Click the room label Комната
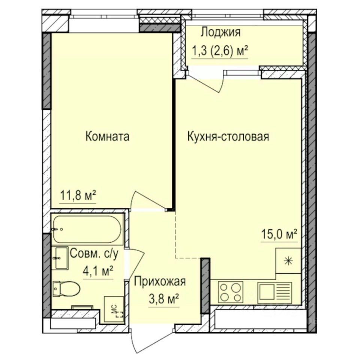click(107, 136)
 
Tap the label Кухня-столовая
click(228, 136)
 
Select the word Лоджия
click(220, 33)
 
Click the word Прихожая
click(160, 281)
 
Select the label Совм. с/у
click(94, 254)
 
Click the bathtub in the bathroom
click(87, 229)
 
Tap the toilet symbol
click(66, 289)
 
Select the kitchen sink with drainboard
click(274, 291)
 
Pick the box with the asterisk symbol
click(288, 261)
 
